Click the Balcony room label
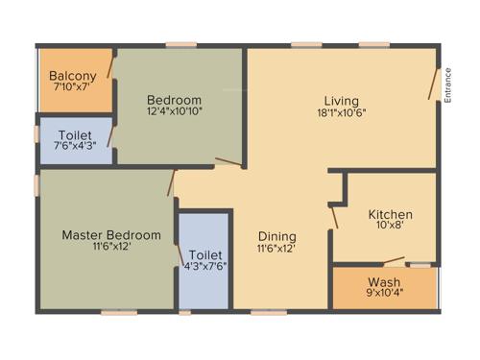(x=73, y=76)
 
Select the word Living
(x=341, y=101)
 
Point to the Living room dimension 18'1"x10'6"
(x=341, y=113)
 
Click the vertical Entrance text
(x=447, y=84)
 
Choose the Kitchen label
(x=391, y=214)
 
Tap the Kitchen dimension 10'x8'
(x=391, y=227)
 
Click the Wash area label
(x=384, y=282)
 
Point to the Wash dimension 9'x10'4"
(x=384, y=294)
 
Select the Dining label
(x=276, y=236)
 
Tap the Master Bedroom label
(x=111, y=234)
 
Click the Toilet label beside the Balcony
(x=75, y=135)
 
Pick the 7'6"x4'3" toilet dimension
(x=75, y=147)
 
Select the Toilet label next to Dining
(x=205, y=254)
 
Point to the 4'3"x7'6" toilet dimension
(x=205, y=267)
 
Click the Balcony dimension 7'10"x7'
(x=73, y=87)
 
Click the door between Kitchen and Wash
(x=394, y=261)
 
